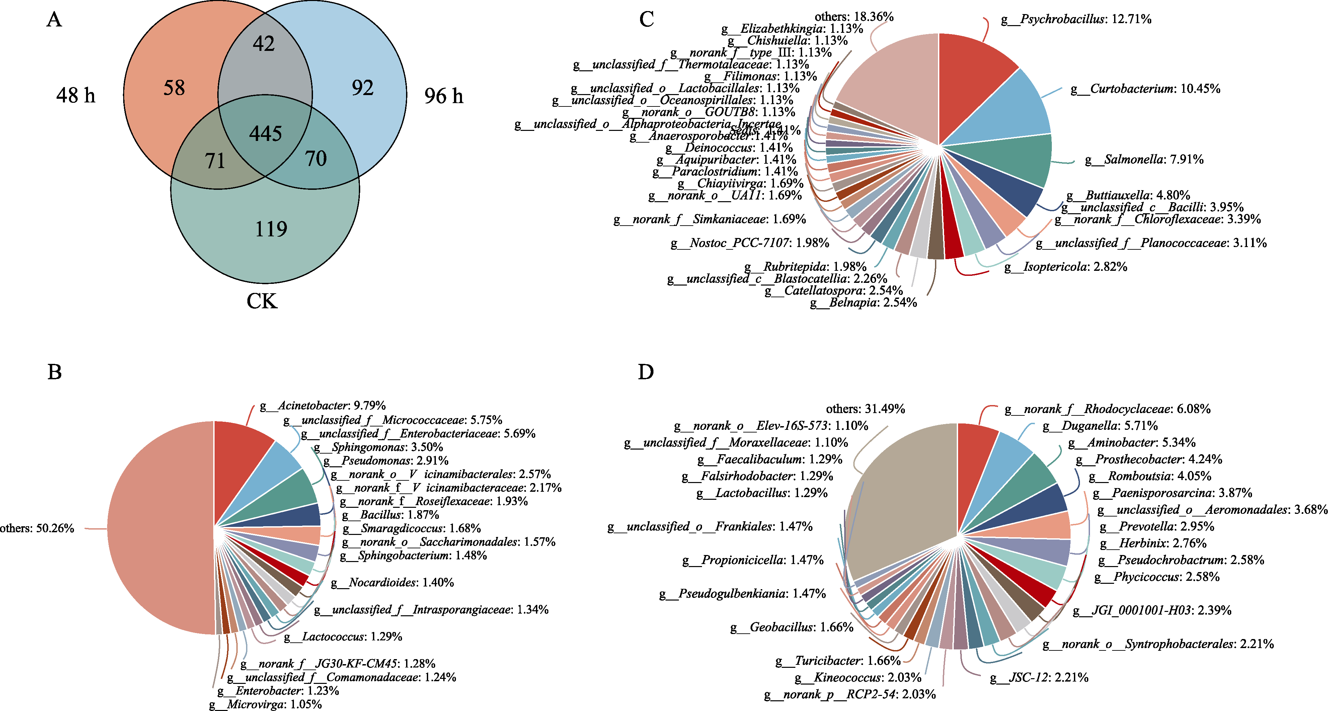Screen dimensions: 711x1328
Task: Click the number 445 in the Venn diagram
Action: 265,134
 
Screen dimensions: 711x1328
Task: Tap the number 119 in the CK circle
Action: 271,229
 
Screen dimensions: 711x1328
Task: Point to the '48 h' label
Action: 76,95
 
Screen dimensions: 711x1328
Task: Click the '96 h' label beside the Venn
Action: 443,96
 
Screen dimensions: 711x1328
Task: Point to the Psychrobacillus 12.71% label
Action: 1076,19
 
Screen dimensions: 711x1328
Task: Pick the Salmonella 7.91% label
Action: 1144,159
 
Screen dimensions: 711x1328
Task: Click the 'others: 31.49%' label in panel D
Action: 865,409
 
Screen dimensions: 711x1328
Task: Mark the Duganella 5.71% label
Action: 1100,426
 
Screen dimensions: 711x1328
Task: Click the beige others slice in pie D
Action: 902,505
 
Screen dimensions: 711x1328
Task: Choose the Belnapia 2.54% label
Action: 863,303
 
